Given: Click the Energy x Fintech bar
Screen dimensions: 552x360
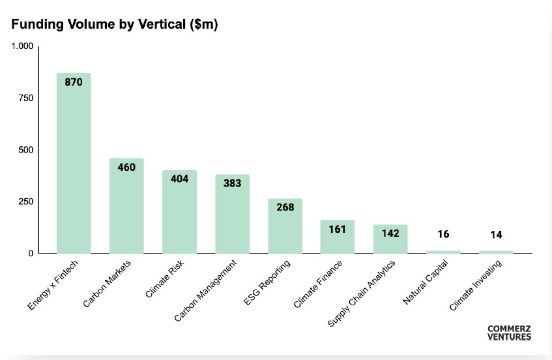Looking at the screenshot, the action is click(x=74, y=163).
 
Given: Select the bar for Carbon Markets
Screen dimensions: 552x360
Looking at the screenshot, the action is click(x=126, y=205).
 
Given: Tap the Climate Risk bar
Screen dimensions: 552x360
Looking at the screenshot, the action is click(x=179, y=212).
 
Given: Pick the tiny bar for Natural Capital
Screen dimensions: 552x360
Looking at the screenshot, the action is click(x=443, y=252).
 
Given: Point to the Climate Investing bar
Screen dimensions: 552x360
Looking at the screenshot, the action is click(x=496, y=252).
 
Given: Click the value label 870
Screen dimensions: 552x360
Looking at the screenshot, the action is click(x=74, y=82).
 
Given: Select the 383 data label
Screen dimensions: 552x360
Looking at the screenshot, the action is click(x=233, y=183).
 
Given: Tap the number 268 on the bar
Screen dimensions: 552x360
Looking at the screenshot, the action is click(x=285, y=207).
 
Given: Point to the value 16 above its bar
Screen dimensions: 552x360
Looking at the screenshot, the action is click(x=443, y=234).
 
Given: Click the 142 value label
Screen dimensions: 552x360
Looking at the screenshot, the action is click(x=390, y=233).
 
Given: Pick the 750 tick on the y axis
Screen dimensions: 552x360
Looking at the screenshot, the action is click(x=26, y=98).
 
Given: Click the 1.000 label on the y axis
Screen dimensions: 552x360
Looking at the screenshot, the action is click(x=23, y=46).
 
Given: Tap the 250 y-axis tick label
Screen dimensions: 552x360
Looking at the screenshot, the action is click(x=26, y=202).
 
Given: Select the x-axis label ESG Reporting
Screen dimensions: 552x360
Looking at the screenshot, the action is click(x=267, y=282).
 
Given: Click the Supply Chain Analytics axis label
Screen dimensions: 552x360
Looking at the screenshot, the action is click(x=361, y=293).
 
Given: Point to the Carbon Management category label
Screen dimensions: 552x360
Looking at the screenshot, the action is click(x=205, y=291).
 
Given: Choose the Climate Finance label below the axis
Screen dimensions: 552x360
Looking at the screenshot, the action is click(x=317, y=284).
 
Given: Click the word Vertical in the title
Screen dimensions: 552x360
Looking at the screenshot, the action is click(x=162, y=24).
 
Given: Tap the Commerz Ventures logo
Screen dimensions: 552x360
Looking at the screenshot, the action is click(x=509, y=333).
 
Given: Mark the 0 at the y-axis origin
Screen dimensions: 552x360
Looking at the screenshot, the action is click(x=31, y=253).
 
